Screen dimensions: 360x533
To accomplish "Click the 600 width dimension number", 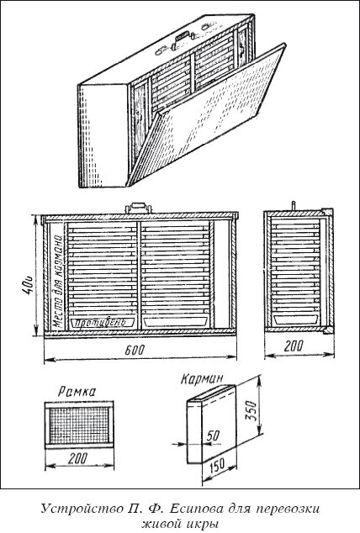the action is [x=135, y=350].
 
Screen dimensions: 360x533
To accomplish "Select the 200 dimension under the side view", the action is [x=294, y=346].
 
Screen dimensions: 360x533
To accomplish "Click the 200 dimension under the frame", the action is [x=78, y=459].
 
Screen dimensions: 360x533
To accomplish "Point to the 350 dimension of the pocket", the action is [x=251, y=410].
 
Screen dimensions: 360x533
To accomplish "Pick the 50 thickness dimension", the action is [x=213, y=435].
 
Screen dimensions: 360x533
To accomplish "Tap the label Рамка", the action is [x=77, y=392].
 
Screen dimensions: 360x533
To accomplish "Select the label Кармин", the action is [x=202, y=378].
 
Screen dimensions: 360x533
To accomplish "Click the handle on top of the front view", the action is [x=138, y=208].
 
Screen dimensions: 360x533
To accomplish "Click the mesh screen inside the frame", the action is [x=79, y=425].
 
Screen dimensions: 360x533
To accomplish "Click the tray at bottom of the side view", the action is [x=296, y=319].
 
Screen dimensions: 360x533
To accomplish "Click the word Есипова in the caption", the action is [x=197, y=509].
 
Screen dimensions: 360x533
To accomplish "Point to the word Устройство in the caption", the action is [x=81, y=509].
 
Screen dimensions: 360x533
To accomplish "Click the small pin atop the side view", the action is [x=293, y=206].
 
